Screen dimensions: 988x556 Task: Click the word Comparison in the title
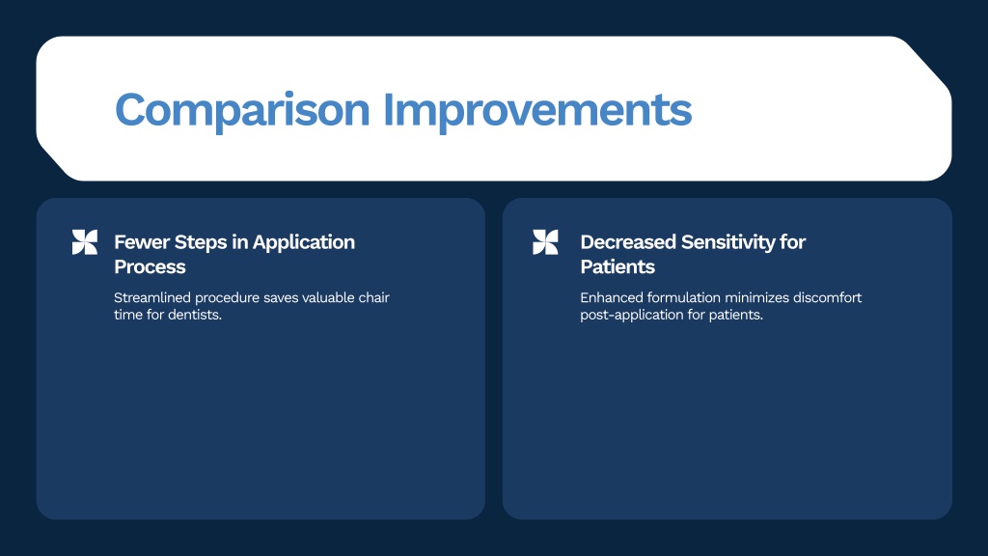(242, 111)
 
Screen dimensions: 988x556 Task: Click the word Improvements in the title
(537, 111)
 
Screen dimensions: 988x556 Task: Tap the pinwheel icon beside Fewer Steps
(85, 242)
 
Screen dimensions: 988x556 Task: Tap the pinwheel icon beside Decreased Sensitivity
(545, 242)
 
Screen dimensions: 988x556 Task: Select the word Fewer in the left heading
(142, 242)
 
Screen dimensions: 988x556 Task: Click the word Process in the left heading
(150, 266)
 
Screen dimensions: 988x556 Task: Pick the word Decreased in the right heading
(628, 242)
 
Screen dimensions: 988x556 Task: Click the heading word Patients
(617, 266)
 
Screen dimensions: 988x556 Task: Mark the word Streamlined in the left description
(151, 297)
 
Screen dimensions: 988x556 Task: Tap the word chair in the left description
(374, 297)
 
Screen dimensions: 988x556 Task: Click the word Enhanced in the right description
(611, 297)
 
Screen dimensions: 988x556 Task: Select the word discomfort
(827, 297)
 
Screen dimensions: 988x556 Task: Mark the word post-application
(631, 316)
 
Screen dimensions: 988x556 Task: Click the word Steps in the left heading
(201, 243)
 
